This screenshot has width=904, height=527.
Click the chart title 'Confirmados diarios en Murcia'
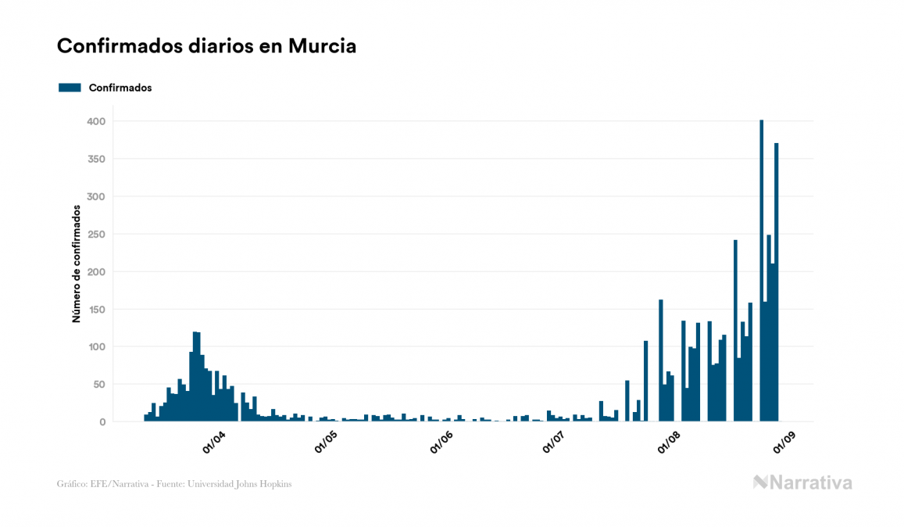(x=206, y=46)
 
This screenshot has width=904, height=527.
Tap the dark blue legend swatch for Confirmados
(x=70, y=88)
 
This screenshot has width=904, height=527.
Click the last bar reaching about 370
(x=777, y=282)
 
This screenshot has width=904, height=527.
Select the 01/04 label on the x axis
(x=213, y=443)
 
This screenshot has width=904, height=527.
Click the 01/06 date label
(x=441, y=443)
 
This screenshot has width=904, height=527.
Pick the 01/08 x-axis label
(x=669, y=443)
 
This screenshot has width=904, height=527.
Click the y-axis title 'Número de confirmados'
(x=77, y=264)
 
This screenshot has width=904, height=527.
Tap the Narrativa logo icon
(x=760, y=482)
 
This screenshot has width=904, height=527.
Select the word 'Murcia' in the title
(x=322, y=46)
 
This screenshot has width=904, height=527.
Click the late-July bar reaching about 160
(x=660, y=360)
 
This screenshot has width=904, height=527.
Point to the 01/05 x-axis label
(x=327, y=443)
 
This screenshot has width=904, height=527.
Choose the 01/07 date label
(x=554, y=443)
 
